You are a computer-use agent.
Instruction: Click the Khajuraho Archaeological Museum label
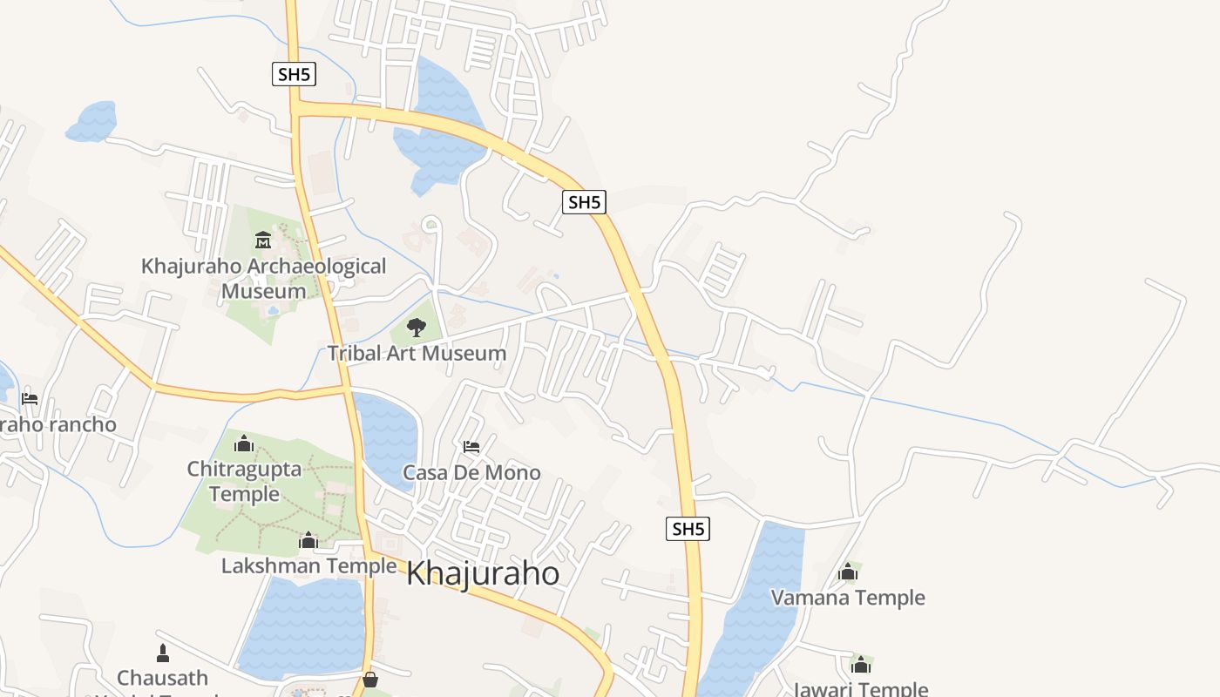click(263, 278)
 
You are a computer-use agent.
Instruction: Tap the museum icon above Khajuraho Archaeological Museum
click(263, 240)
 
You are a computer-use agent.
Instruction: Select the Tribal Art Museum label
click(417, 353)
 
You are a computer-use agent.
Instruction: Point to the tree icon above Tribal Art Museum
click(417, 328)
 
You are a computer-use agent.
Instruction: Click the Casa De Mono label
click(471, 473)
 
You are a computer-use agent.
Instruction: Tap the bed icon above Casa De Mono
click(471, 447)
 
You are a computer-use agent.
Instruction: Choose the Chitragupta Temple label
click(244, 481)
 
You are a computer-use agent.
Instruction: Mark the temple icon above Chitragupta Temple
click(244, 444)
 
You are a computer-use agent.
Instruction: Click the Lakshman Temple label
click(308, 566)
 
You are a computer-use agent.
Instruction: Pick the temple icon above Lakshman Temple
click(308, 541)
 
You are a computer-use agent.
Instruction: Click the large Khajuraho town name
click(483, 573)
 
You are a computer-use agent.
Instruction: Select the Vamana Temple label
click(848, 598)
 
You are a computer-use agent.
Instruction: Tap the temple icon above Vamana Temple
click(848, 572)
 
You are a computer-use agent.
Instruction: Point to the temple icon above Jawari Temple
click(861, 666)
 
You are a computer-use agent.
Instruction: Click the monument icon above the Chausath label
click(163, 653)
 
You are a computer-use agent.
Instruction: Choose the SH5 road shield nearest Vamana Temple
click(688, 529)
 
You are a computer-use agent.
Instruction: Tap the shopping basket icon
click(370, 679)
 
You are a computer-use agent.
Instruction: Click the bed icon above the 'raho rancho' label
click(30, 399)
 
